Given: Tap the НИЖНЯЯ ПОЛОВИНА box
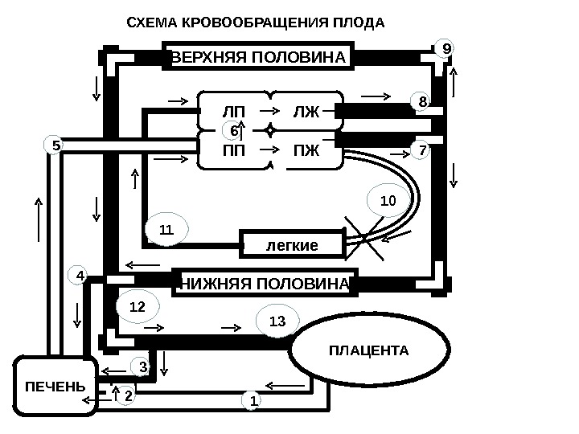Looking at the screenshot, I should (265, 283).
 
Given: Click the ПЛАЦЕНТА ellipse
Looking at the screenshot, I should (368, 351).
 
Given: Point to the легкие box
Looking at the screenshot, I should (292, 244).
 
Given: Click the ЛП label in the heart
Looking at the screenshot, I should (233, 111).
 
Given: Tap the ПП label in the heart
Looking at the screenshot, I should (233, 150).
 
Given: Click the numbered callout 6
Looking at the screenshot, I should (232, 130).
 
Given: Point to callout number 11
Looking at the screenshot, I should (166, 231).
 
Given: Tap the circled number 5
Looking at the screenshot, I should (55, 146).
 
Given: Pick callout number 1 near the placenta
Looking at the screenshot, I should (253, 399).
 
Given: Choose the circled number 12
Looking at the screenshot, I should (138, 306).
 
